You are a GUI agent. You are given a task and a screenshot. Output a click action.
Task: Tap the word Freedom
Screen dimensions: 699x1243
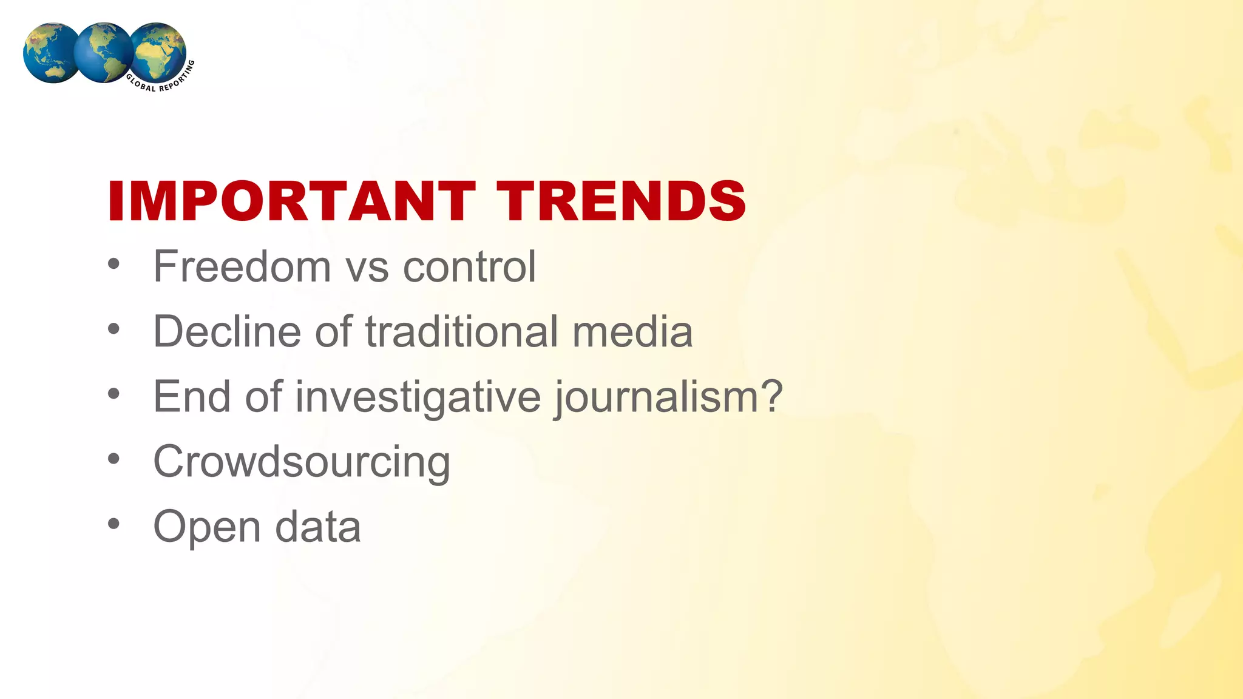(x=242, y=266)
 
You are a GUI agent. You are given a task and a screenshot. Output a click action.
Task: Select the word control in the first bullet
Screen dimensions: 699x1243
(x=469, y=266)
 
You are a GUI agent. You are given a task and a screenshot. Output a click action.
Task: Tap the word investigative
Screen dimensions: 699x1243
(x=418, y=397)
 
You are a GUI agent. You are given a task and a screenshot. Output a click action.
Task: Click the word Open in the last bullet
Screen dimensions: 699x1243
(x=206, y=527)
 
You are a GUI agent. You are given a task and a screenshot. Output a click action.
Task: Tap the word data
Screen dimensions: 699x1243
(x=317, y=527)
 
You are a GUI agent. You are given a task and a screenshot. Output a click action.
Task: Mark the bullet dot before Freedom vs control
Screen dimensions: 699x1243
(x=113, y=264)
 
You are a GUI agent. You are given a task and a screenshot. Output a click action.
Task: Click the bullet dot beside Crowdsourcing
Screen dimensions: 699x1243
(x=113, y=459)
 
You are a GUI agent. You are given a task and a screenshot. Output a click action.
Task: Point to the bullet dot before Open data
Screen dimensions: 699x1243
(x=113, y=523)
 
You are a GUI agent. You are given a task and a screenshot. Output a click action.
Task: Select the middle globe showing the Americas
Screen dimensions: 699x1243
(x=103, y=52)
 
